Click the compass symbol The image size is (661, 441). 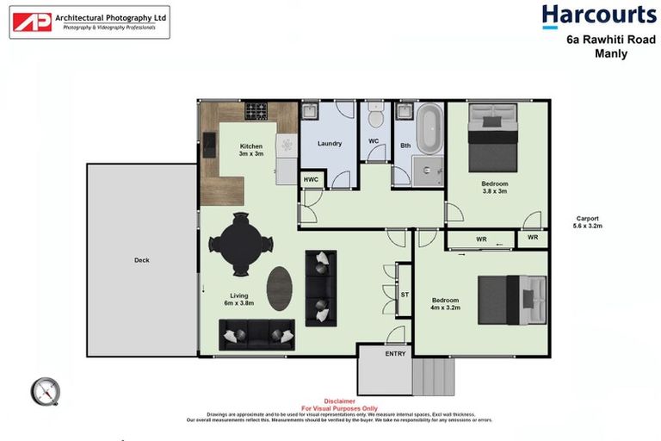click(45, 392)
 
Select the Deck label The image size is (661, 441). click(142, 260)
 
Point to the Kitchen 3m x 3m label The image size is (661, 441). click(250, 151)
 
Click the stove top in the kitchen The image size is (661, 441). click(256, 110)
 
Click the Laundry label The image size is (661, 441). click(330, 144)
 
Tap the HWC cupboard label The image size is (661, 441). click(311, 180)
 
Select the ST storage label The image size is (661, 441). click(405, 295)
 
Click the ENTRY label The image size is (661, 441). click(395, 353)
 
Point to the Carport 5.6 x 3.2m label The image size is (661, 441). click(588, 222)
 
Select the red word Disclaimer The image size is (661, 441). click(339, 401)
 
